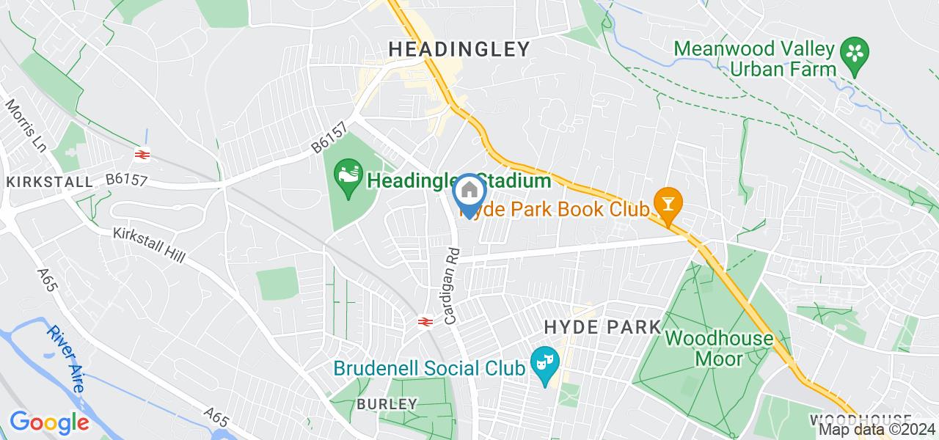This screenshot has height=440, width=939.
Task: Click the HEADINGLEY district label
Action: coord(458,49)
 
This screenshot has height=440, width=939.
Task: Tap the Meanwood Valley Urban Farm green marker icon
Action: coord(855,53)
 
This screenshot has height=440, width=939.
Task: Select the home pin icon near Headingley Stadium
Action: coord(469,191)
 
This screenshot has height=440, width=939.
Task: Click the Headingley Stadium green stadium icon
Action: coord(347,176)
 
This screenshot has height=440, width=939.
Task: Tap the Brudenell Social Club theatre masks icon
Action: coord(544,363)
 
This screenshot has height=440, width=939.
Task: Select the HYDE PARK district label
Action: coord(602,327)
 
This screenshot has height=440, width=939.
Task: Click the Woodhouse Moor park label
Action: coord(719,348)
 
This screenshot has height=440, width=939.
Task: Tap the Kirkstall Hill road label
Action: coord(149,245)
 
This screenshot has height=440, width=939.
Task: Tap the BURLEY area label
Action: coord(387,404)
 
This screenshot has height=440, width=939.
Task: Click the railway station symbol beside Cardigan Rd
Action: coord(423,321)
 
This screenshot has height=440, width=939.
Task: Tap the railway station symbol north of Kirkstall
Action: coord(142,154)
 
